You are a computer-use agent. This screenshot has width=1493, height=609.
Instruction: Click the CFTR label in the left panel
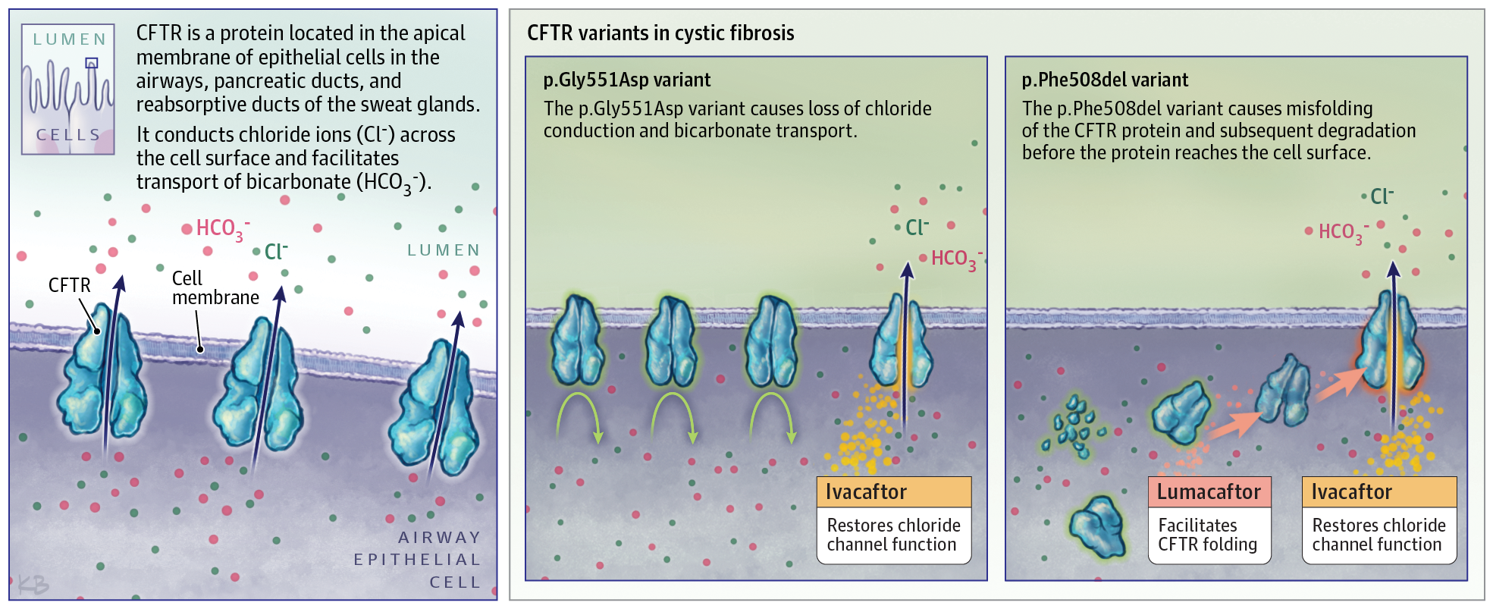click(x=69, y=285)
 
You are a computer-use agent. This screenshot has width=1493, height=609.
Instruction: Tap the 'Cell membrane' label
click(x=215, y=288)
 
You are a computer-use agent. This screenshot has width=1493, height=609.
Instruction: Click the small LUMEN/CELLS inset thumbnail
click(x=68, y=89)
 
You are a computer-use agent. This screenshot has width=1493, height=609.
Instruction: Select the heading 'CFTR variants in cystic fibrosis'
click(x=660, y=33)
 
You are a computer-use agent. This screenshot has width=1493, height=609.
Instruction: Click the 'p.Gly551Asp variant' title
click(x=626, y=80)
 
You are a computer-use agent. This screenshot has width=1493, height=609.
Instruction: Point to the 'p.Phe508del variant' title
click(x=1105, y=80)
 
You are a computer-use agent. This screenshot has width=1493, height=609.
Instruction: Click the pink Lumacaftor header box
click(x=1209, y=492)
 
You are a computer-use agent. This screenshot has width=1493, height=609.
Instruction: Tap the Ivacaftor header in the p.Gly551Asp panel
click(x=893, y=492)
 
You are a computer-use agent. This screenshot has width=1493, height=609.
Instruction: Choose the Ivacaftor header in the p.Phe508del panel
click(x=1379, y=492)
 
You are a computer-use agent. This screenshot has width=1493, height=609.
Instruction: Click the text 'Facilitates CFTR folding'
click(x=1207, y=535)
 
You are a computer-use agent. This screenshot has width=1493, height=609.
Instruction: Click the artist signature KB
click(x=33, y=585)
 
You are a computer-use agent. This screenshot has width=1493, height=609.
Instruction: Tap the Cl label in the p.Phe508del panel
click(x=1382, y=197)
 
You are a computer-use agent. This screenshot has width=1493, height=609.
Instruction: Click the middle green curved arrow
click(x=673, y=416)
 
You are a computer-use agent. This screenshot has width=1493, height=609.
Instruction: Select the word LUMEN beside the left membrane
click(x=444, y=250)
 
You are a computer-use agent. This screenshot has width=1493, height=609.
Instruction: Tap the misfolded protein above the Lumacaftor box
click(x=1181, y=413)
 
